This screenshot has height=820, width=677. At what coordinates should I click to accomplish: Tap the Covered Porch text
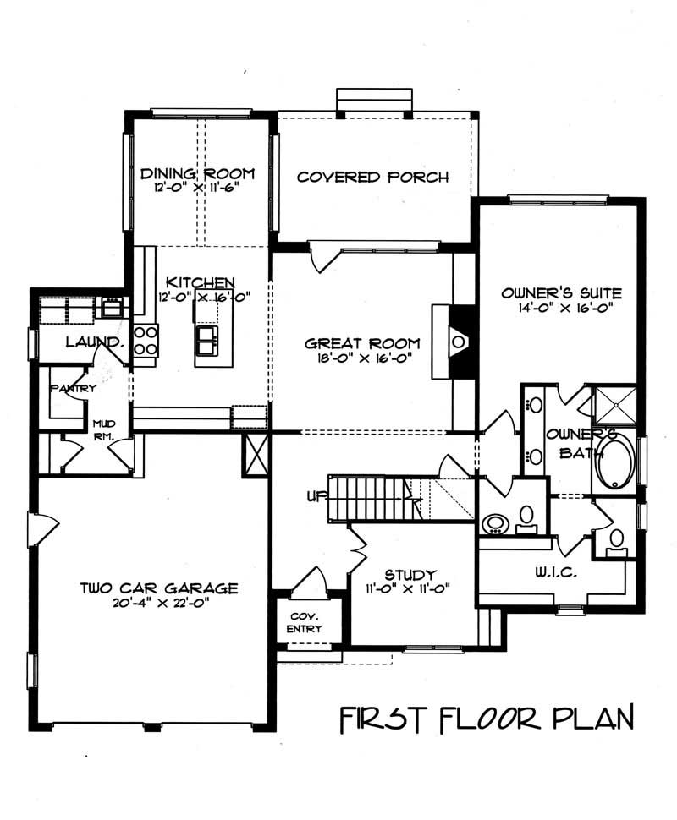tap(372, 178)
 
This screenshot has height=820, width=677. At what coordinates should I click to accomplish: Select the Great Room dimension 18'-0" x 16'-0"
tap(363, 358)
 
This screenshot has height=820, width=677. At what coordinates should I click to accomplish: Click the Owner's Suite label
tap(561, 293)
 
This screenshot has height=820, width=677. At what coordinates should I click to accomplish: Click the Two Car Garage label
tap(159, 588)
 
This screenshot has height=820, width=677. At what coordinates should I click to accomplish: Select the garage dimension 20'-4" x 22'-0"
tap(159, 604)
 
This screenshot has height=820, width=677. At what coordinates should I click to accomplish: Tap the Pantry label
tap(74, 389)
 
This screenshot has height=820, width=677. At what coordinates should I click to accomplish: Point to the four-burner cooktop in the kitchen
tap(145, 339)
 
